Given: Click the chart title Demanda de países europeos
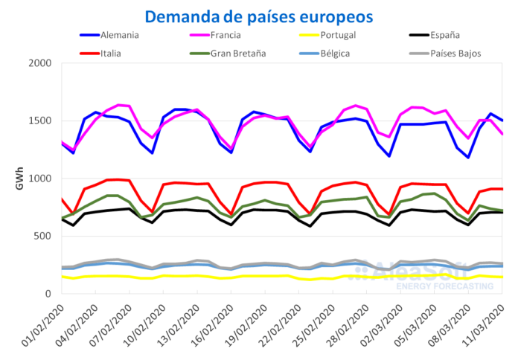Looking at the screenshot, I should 259,16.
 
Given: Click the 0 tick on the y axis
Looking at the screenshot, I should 47,294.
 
